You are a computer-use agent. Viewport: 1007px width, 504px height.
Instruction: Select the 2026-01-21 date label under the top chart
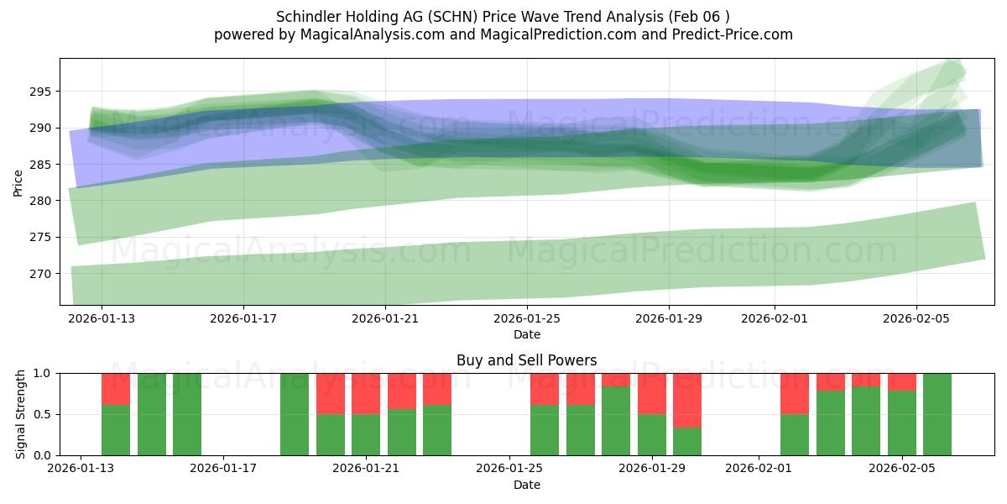[x=384, y=319]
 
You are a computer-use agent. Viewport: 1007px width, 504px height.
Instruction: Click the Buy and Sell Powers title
[x=526, y=360]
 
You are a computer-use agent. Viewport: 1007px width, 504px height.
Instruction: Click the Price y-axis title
[x=18, y=181]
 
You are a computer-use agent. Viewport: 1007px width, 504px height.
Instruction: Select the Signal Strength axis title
[x=21, y=414]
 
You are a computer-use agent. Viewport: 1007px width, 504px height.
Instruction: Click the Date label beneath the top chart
[x=526, y=334]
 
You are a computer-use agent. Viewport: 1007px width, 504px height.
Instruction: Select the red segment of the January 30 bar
[x=687, y=400]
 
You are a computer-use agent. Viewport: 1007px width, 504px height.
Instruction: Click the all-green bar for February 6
[x=937, y=414]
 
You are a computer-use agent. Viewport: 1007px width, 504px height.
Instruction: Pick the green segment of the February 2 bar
[x=794, y=434]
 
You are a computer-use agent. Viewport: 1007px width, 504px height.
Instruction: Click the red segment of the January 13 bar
[x=116, y=389]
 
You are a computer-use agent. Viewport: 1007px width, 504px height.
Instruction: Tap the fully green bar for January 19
[x=295, y=414]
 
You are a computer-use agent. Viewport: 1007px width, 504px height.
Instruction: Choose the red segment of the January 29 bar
[x=651, y=393]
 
